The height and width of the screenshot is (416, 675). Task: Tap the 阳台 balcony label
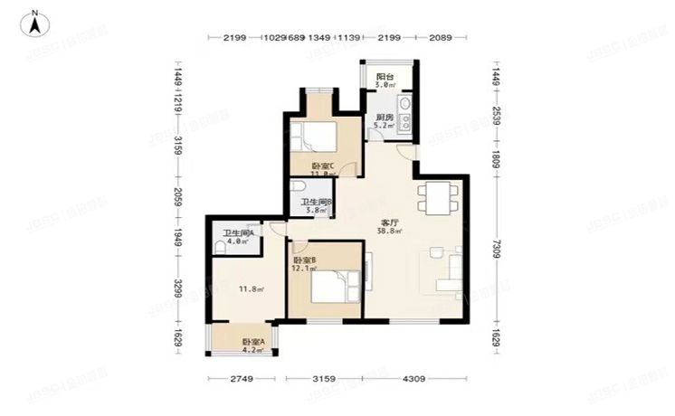point(385,78)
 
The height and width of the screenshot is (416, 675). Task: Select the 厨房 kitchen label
point(384,118)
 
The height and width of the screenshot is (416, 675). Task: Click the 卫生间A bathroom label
point(238,232)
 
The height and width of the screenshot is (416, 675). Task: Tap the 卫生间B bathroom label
point(318,203)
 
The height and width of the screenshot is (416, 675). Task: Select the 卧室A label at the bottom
point(252,342)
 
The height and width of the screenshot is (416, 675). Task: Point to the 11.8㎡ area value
point(251,289)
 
